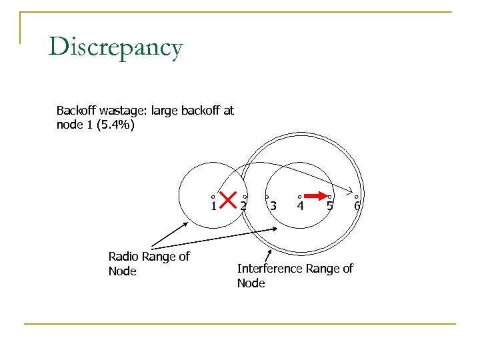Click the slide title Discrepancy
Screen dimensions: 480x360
tap(115, 48)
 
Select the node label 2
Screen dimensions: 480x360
tap(244, 206)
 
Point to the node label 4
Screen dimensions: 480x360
tap(301, 206)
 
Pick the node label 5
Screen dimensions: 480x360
tap(330, 206)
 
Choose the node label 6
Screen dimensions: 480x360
tap(357, 206)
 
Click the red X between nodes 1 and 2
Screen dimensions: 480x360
tap(228, 199)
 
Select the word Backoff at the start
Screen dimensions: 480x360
tap(76, 110)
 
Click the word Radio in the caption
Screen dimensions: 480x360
tap(123, 256)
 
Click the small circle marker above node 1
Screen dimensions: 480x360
tap(212, 197)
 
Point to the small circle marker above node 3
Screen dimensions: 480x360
tap(267, 197)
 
